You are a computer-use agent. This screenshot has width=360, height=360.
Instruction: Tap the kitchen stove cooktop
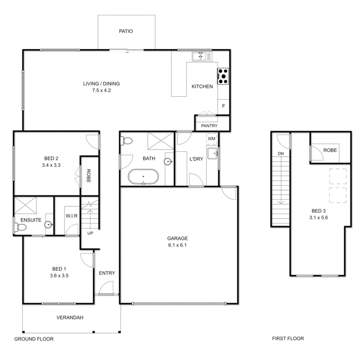223,76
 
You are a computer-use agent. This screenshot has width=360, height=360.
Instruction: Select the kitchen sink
198,56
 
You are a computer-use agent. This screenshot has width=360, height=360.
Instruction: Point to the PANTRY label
209,126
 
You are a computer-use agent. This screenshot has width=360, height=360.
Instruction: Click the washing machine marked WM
211,138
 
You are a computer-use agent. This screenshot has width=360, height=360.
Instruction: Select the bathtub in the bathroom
143,176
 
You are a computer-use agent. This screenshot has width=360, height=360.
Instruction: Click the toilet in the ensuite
21,228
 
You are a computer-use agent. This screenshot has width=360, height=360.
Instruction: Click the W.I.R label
72,216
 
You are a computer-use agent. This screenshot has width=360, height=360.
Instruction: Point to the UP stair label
90,233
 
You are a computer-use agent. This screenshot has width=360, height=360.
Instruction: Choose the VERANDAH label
70,317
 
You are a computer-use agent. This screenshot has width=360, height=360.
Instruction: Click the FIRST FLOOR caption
288,338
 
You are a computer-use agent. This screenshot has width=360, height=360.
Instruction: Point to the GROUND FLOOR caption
34,338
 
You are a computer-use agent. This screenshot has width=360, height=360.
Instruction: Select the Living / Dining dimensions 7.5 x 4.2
101,90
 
